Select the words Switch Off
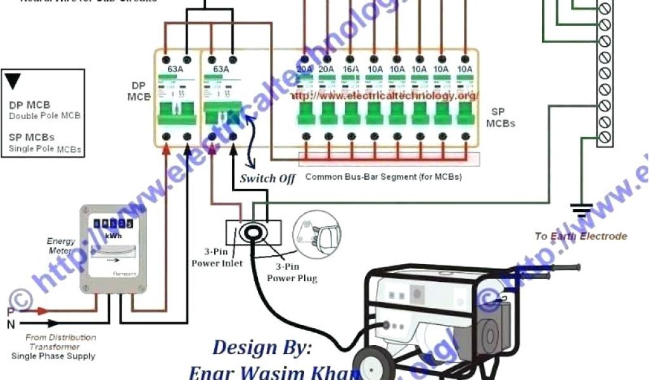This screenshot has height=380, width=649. point(267,179)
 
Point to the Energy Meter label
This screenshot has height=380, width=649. point(61,246)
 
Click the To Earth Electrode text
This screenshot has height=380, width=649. point(581,236)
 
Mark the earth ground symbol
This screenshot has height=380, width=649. point(581,209)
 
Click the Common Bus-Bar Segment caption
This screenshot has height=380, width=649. point(383,177)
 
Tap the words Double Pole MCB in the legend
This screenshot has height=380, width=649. point(44,117)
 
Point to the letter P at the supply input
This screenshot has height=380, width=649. point(10,311)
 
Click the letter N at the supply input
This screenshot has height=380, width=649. point(10,324)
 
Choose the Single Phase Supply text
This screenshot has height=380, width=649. point(53,356)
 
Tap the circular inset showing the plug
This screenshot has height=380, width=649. point(316,234)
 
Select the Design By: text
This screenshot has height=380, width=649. point(262,348)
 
